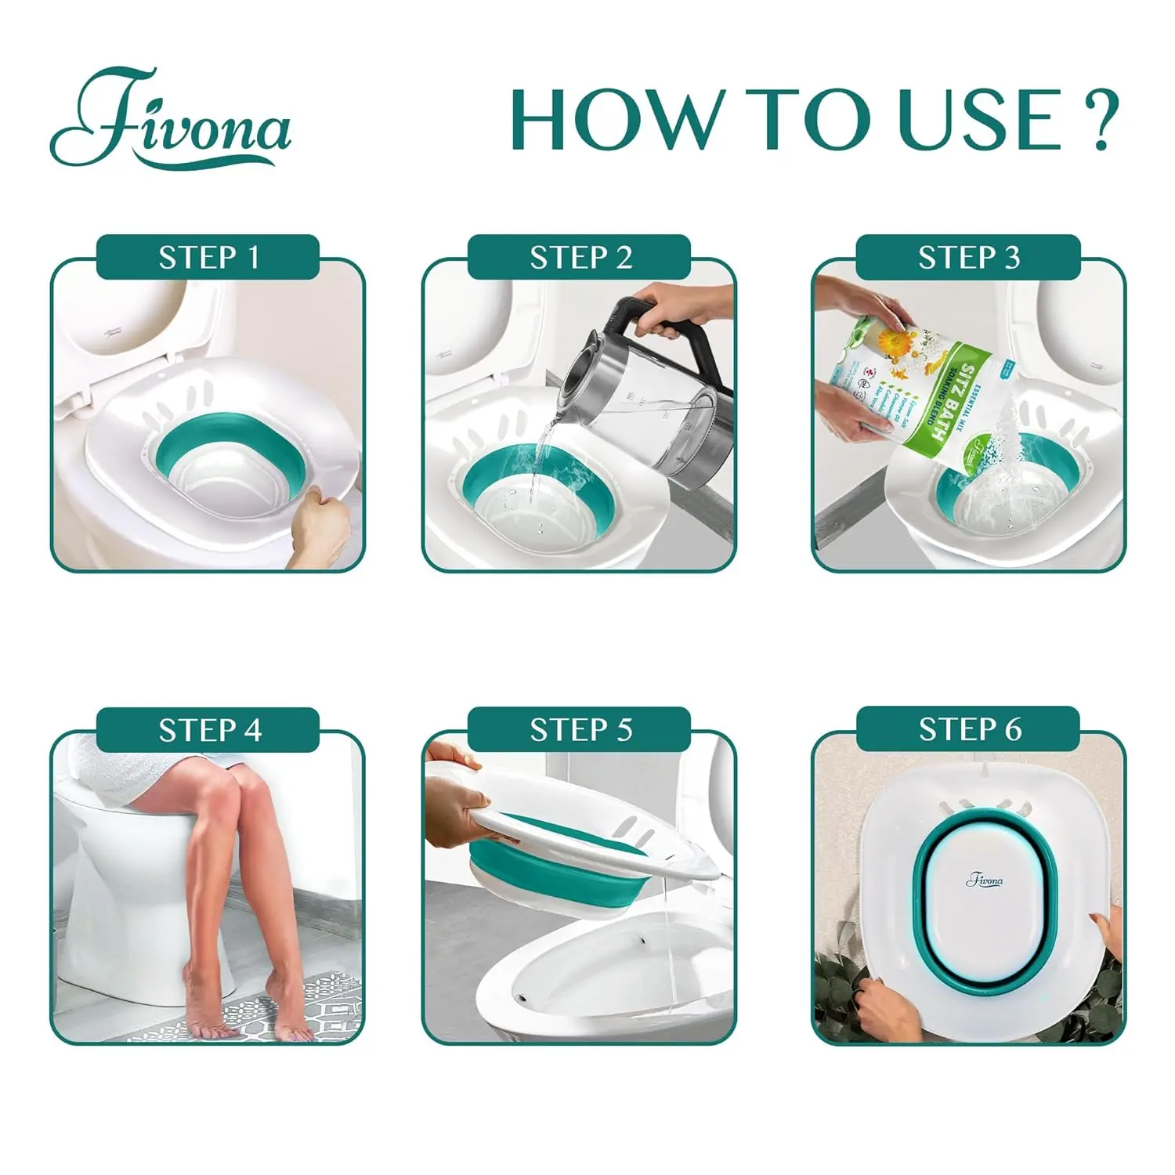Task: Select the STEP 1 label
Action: (208, 258)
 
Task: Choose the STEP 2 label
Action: (580, 258)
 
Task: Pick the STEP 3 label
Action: (968, 258)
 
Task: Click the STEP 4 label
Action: (208, 730)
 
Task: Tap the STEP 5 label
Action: (580, 730)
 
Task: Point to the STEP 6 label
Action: (968, 730)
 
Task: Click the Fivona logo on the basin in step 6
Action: (984, 880)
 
